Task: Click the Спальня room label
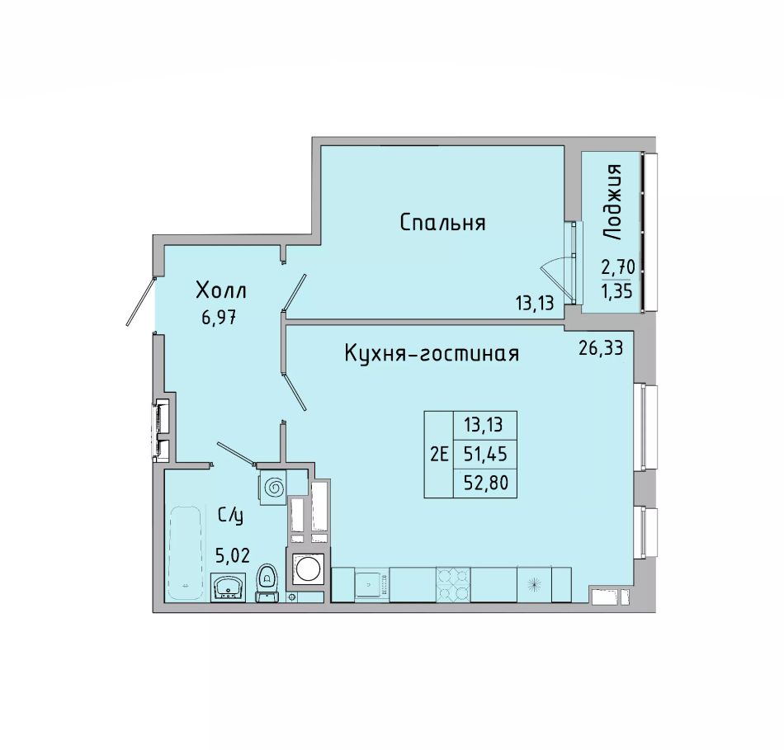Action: (x=442, y=223)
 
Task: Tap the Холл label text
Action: (x=221, y=290)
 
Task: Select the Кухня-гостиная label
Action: (x=432, y=354)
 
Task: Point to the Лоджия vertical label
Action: (x=612, y=201)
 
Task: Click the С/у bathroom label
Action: (x=230, y=515)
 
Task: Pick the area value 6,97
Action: (x=219, y=318)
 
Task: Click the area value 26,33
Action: (x=601, y=347)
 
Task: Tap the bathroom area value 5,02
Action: (x=233, y=554)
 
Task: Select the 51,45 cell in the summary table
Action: (x=485, y=454)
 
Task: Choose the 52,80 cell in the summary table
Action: (x=485, y=483)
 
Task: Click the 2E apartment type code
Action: (x=439, y=455)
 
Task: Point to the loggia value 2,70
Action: (x=618, y=267)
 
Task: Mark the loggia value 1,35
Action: (x=617, y=291)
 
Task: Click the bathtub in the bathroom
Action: (x=186, y=554)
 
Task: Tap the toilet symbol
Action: (x=267, y=583)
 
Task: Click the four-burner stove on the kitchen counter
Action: (x=453, y=584)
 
